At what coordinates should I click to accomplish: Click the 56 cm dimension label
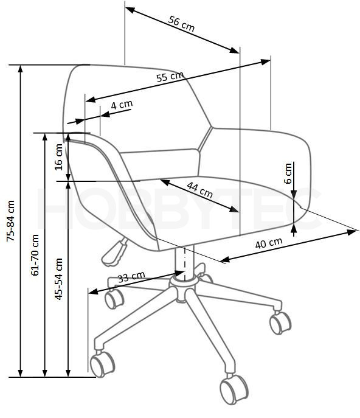coord(181,24)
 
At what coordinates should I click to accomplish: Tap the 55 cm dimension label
coord(170,77)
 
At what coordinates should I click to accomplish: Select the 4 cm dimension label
coord(122,105)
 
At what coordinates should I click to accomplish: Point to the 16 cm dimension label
coord(58,157)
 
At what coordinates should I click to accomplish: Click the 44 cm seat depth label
coord(199,190)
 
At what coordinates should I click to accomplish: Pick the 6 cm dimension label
coord(288,173)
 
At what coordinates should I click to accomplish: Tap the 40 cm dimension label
coord(269,243)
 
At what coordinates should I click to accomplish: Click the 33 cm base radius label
coord(131,277)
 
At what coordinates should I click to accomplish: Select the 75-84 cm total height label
coord(11,221)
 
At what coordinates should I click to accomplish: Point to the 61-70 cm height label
coord(35,255)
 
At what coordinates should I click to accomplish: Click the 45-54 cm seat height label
coord(58,279)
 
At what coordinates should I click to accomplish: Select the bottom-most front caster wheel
coord(234,389)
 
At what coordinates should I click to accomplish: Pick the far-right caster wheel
coord(280,322)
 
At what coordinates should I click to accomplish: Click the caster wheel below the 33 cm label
coord(114,299)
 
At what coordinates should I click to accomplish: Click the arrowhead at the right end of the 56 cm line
coord(234,50)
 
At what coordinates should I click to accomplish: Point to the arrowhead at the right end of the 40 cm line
coord(351,232)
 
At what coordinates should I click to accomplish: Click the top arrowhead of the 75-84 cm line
coord(20,69)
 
